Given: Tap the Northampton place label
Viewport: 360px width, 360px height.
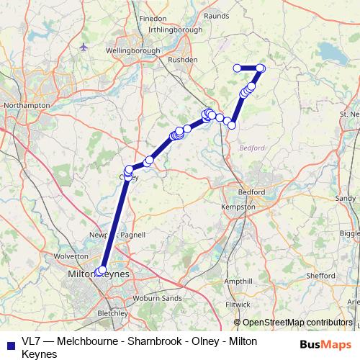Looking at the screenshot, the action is coord(26,105).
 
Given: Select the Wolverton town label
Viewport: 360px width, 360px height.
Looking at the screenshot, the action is coord(71,256).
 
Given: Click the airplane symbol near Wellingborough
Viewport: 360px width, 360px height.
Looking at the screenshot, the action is coord(84,47).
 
